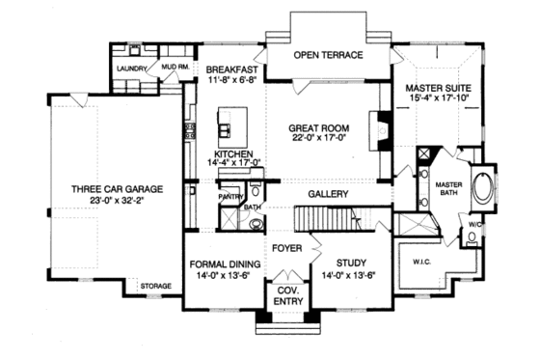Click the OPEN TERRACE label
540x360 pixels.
(328, 55)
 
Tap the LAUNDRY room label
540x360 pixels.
(131, 69)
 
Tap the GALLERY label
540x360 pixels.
(328, 193)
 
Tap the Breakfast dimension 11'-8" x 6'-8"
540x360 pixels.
(231, 82)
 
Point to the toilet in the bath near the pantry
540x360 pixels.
(256, 224)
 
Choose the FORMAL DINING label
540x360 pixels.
(224, 262)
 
